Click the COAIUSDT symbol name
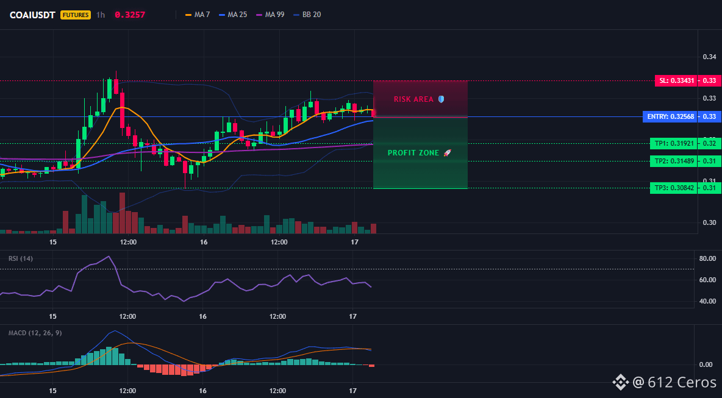[32, 15]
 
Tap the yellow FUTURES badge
[76, 15]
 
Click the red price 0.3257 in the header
[130, 15]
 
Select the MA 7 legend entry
[198, 15]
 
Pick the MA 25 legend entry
[233, 15]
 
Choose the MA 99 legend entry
[270, 15]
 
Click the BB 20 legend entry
[307, 15]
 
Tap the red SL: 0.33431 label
[676, 81]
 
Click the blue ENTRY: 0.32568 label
[670, 117]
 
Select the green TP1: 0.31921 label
[674, 144]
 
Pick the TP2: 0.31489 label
[674, 161]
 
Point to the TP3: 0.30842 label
[674, 188]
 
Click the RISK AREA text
[413, 99]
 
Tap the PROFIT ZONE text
[413, 153]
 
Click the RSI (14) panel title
[21, 258]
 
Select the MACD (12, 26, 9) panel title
[35, 333]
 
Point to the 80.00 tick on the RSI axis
[707, 258]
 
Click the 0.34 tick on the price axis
[709, 57]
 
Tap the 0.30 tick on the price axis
[709, 222]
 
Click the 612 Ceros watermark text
[682, 382]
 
